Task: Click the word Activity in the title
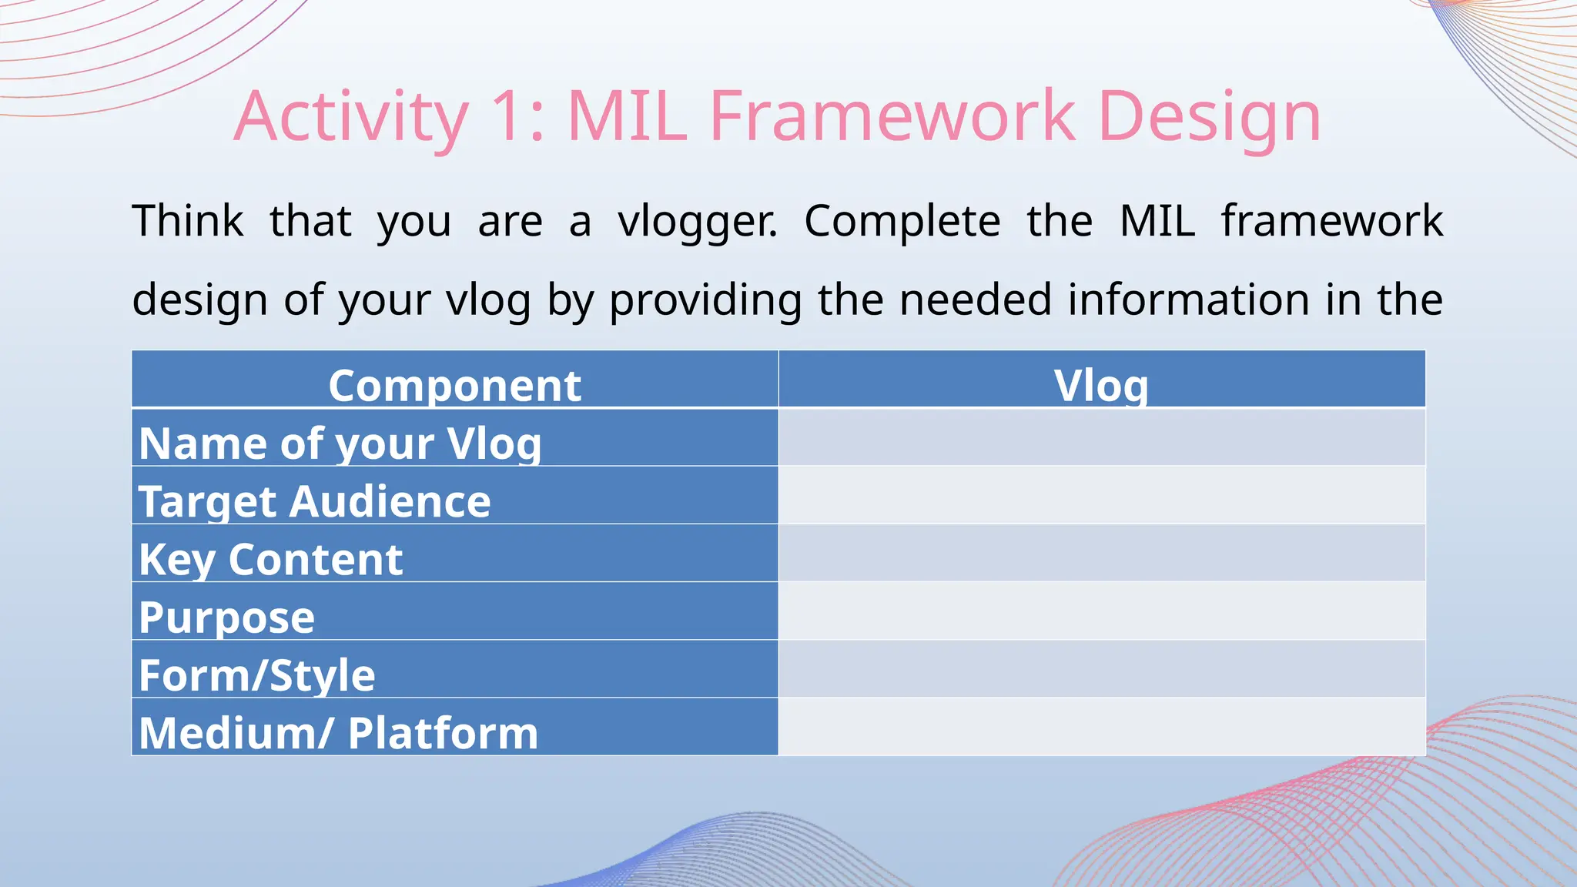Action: (351, 117)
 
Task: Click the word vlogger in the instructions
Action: (698, 223)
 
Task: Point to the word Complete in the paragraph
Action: (902, 223)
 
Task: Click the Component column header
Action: (455, 385)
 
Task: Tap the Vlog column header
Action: (1101, 386)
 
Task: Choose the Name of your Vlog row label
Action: (340, 444)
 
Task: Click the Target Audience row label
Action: (315, 502)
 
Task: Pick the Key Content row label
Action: (271, 560)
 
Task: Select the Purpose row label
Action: (227, 618)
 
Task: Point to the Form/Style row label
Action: (257, 676)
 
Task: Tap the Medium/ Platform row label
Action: (339, 733)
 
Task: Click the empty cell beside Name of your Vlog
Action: (1102, 437)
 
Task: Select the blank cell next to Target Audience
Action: (1102, 495)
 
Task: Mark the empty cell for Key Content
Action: (1102, 553)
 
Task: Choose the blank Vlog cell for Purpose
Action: (1102, 611)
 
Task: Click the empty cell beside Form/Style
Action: (1102, 669)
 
